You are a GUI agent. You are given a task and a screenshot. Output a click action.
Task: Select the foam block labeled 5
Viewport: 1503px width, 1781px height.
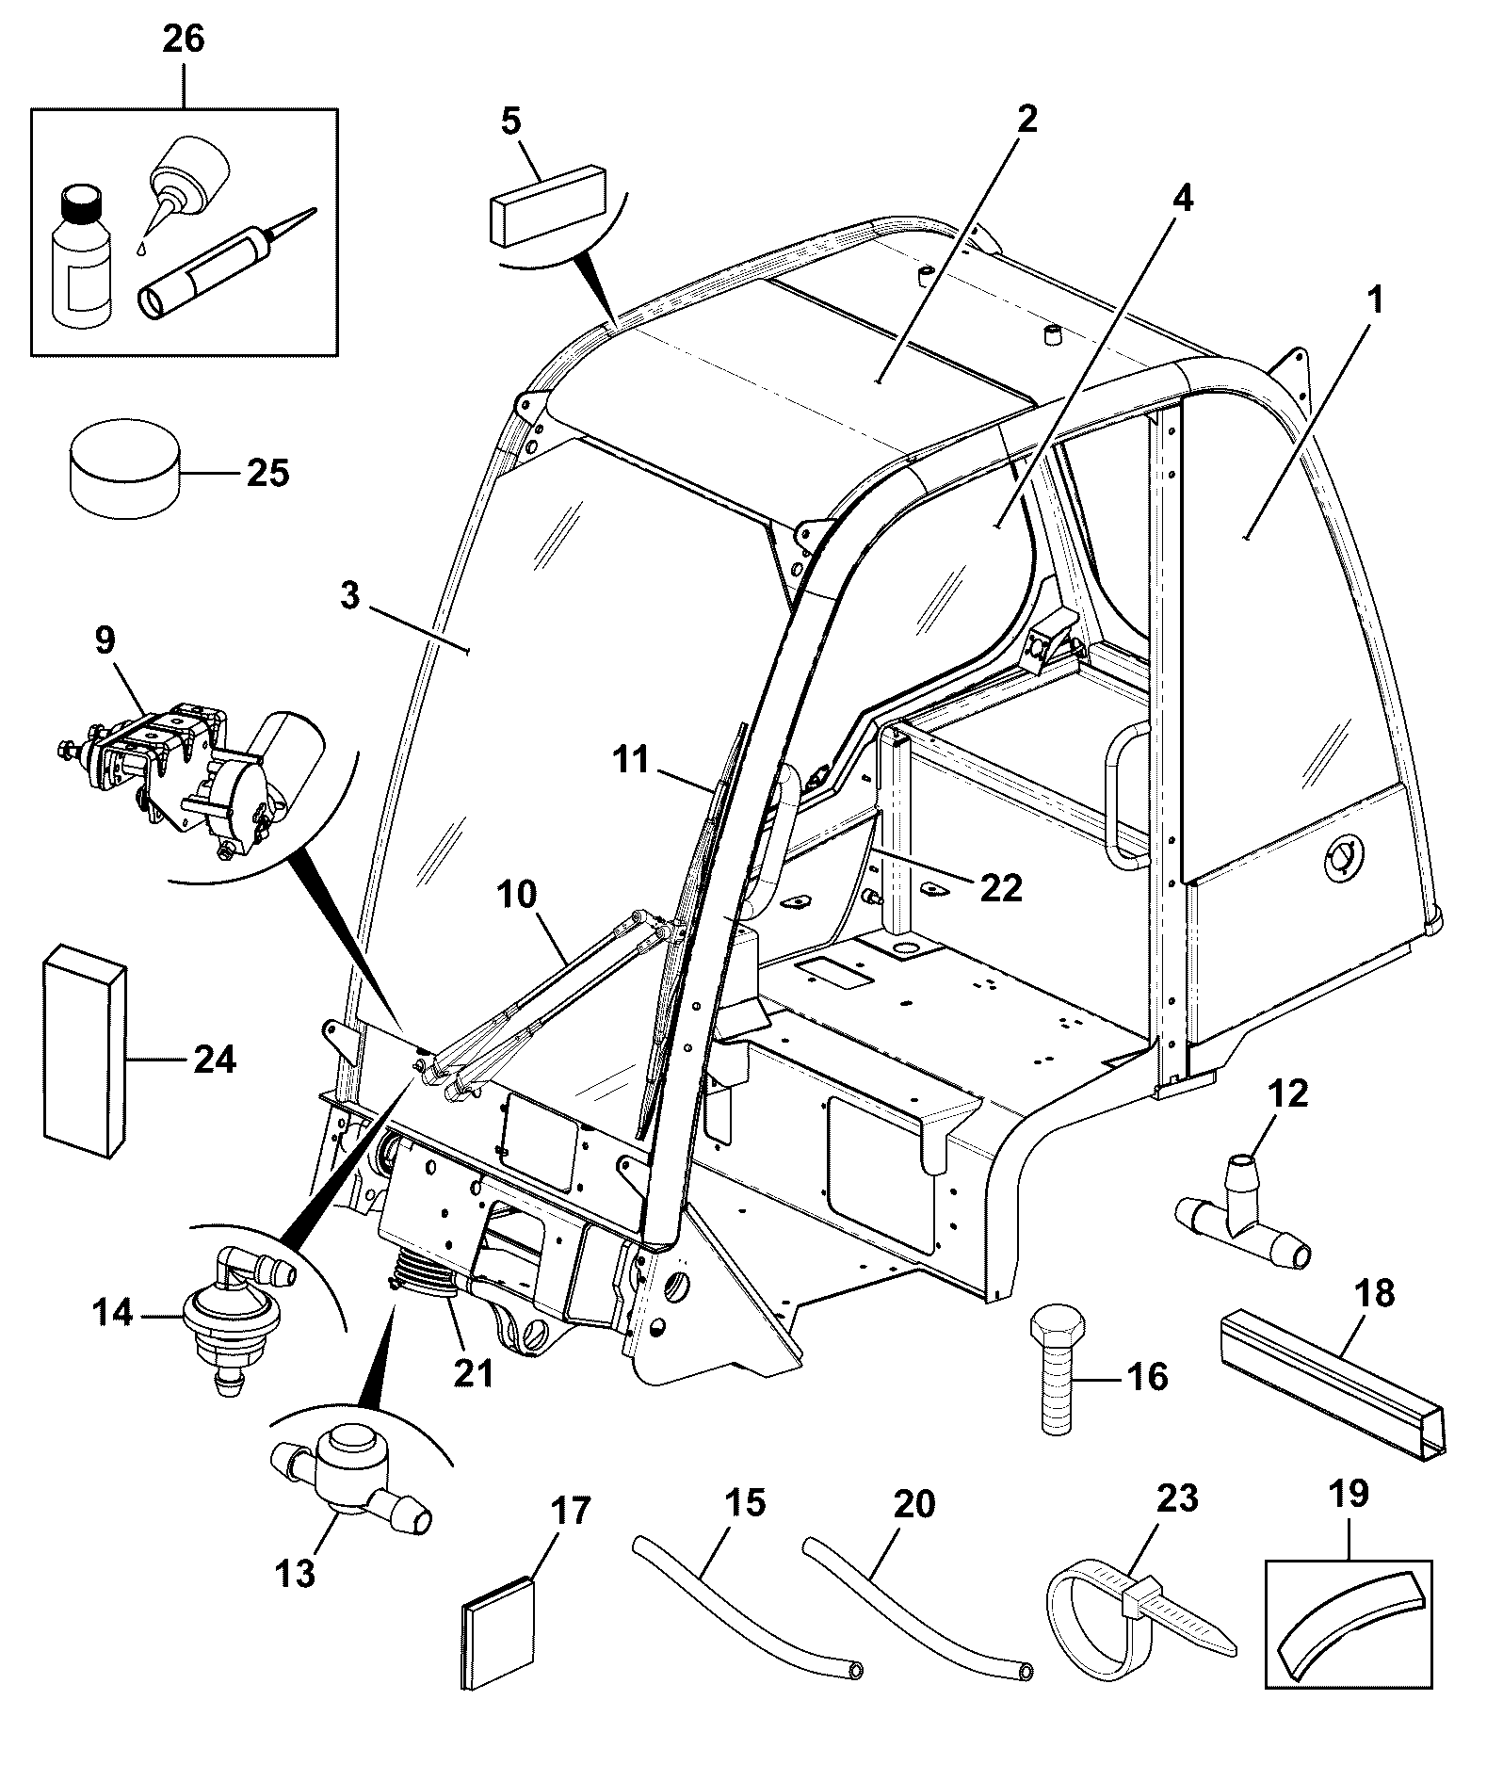click(547, 204)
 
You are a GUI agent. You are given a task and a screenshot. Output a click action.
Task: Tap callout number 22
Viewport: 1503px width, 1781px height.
click(1000, 886)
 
